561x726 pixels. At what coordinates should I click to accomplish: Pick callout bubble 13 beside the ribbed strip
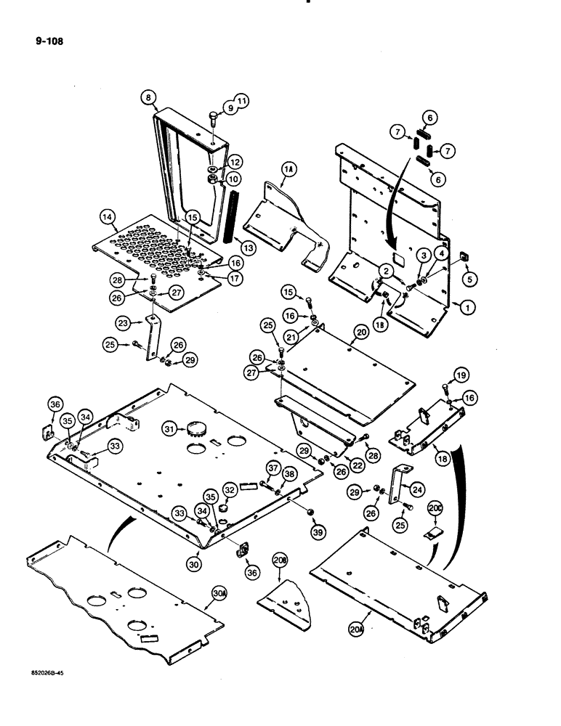click(249, 248)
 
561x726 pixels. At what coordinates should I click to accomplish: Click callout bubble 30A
click(219, 593)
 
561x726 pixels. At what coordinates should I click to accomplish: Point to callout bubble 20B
click(280, 560)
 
